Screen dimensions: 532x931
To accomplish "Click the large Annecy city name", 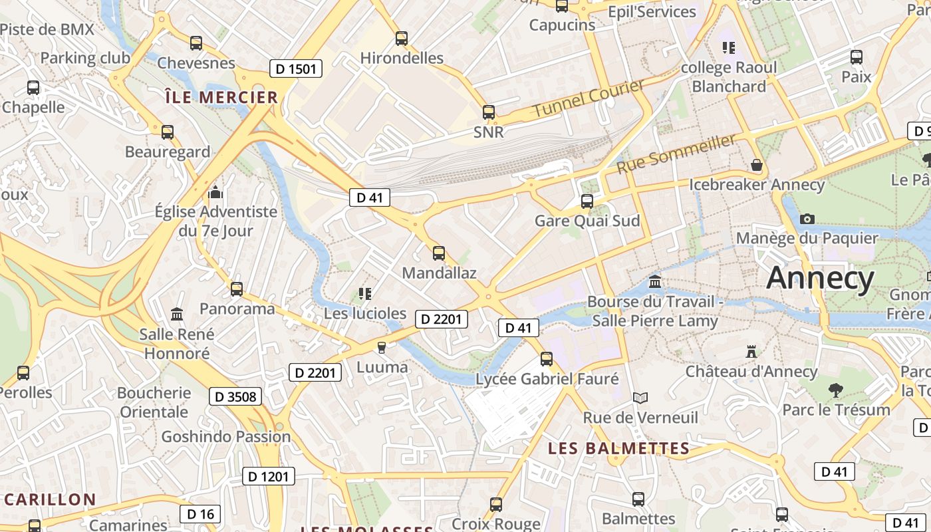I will click(820, 278).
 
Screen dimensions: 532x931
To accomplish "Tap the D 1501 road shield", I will click(296, 68).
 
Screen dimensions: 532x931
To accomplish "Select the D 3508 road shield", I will click(235, 397).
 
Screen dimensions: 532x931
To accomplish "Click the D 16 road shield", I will click(200, 513).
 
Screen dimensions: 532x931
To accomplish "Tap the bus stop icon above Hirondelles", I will click(402, 39).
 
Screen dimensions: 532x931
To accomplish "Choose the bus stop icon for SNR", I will click(489, 112).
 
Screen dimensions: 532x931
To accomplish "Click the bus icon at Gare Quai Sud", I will click(587, 201).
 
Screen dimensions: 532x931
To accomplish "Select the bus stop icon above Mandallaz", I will click(439, 253).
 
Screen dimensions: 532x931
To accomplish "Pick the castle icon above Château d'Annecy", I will click(751, 351).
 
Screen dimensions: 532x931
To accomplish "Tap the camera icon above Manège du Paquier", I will click(807, 219).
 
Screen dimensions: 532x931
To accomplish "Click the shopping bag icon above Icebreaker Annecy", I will click(756, 165).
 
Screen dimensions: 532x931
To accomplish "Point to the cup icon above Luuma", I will click(382, 347).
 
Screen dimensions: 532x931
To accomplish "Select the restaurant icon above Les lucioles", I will click(364, 293).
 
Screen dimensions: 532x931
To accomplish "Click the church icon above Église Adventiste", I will click(215, 193).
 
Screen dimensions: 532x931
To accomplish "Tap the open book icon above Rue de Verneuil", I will click(640, 398).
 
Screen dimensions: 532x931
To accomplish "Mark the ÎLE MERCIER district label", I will click(221, 98).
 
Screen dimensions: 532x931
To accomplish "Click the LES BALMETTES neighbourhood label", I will click(618, 449).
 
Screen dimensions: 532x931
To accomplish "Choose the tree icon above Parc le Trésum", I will click(836, 390).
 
